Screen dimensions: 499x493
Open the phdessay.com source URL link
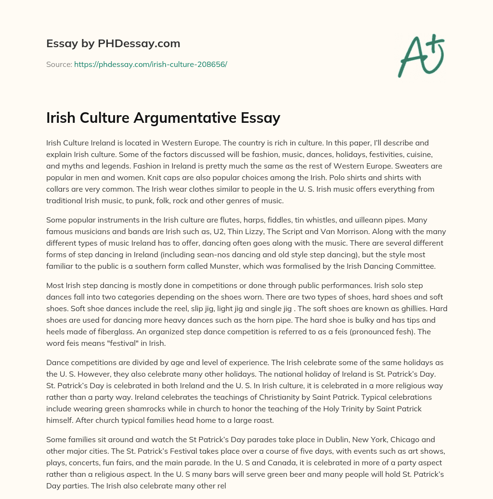point(150,64)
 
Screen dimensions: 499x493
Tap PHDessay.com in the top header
point(140,44)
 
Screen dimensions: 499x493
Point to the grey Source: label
point(59,64)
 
